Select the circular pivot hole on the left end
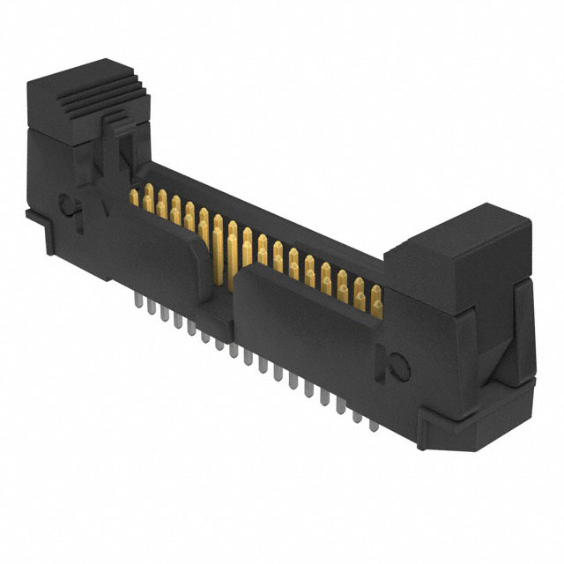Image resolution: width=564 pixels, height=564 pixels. coord(67,206)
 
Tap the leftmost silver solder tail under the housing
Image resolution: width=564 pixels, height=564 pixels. coord(137,301)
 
